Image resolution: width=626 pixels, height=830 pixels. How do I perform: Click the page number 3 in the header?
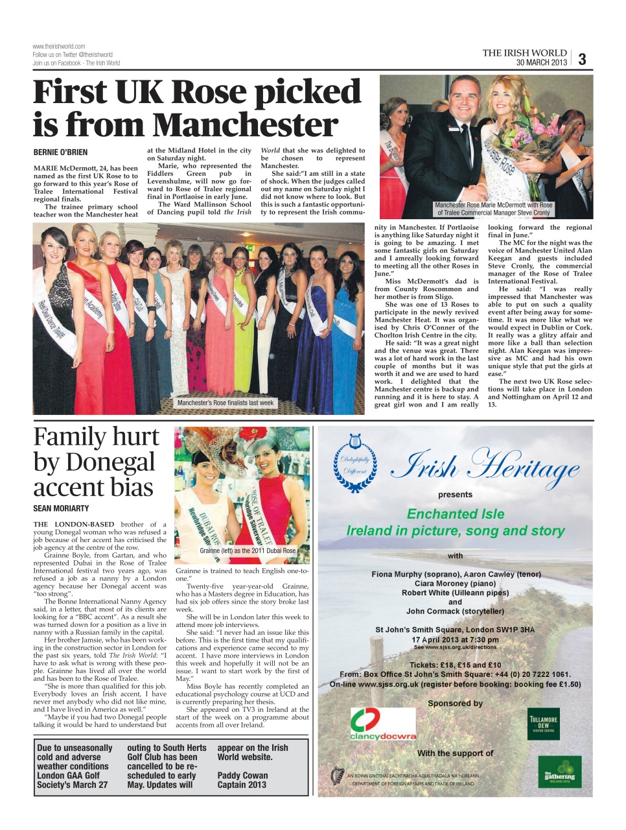582,59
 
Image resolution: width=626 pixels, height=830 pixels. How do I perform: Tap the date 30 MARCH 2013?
541,63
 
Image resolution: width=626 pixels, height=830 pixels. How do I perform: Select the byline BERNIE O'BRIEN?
60,152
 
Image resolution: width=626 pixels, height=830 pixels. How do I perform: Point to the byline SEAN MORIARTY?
61,508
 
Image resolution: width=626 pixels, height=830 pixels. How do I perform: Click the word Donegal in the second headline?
94,462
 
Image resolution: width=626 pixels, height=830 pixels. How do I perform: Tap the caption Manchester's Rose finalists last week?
226,403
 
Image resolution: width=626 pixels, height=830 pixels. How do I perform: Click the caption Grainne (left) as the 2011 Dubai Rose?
247,551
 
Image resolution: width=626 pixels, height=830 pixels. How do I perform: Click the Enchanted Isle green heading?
455,514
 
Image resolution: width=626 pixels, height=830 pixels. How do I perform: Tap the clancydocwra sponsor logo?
383,724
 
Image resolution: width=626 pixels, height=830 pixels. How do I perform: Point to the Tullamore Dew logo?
543,723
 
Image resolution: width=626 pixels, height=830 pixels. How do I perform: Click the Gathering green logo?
559,772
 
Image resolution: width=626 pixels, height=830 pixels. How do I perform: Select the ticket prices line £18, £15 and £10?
455,665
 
